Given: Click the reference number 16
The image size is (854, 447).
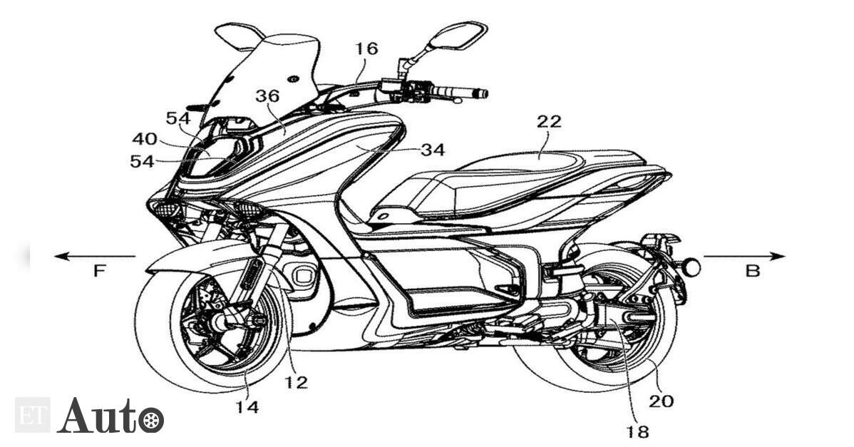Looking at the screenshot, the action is click(x=366, y=48).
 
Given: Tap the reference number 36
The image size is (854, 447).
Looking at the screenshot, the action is click(x=267, y=96).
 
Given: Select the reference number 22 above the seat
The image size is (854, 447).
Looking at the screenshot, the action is click(x=548, y=121).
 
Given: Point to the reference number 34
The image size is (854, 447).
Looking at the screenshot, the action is click(x=433, y=149).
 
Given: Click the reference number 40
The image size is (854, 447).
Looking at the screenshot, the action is click(x=145, y=139).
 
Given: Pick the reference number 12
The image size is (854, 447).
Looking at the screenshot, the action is click(x=296, y=382).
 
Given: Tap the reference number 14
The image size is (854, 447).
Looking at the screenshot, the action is click(x=247, y=406).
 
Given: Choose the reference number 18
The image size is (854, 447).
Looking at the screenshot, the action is click(x=637, y=432).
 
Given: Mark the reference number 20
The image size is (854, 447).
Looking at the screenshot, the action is click(x=662, y=401).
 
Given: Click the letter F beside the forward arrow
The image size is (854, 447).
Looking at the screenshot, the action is click(x=99, y=271).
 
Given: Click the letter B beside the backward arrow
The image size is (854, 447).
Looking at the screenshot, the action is click(x=752, y=271).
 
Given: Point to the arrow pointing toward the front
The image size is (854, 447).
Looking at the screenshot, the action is click(x=95, y=256).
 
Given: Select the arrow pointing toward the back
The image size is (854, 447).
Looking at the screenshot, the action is click(x=744, y=256).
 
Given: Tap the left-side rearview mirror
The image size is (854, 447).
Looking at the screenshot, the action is click(x=239, y=36).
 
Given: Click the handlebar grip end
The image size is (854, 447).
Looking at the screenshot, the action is click(x=480, y=93).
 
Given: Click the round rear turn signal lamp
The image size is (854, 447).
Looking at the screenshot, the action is click(x=691, y=267).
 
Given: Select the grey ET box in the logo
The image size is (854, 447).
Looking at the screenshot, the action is click(x=32, y=416).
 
